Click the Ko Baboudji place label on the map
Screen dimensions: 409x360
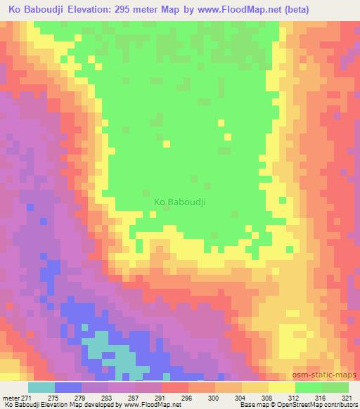tap(179, 202)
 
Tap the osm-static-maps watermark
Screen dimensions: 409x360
tap(330, 373)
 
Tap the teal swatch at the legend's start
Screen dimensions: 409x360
tap(42, 388)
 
